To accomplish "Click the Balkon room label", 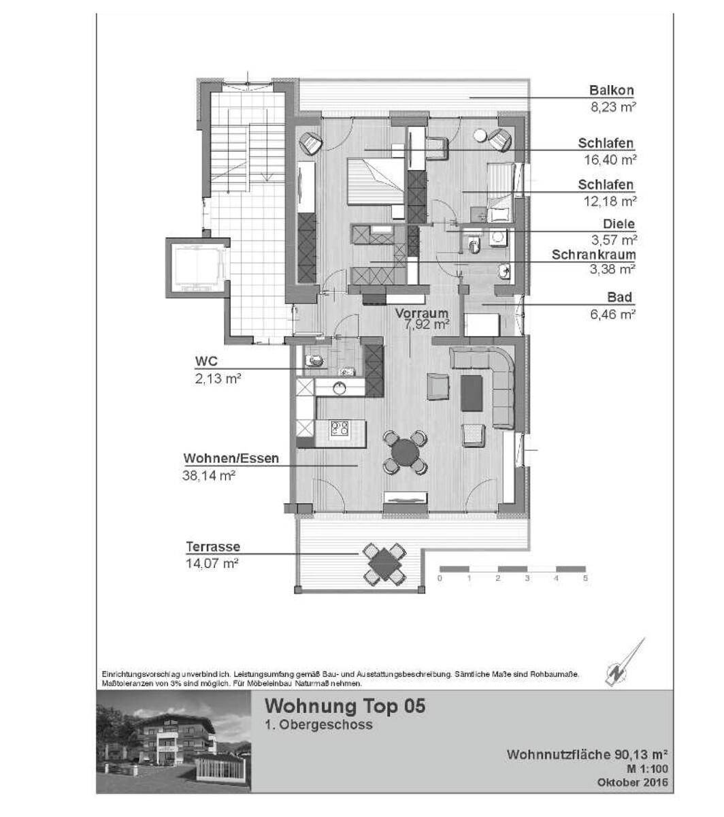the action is tap(611, 91).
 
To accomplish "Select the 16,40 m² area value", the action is tap(610, 160).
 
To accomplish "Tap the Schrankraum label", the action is tap(593, 255).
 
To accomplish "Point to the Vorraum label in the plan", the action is tap(421, 313).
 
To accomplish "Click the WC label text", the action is tap(206, 362).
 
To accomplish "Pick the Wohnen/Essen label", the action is tap(231, 458).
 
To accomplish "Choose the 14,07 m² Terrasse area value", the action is tap(212, 563).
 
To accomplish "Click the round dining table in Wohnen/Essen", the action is tap(405, 451).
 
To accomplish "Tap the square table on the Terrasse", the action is tap(384, 564).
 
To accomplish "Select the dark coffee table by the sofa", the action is tap(472, 393).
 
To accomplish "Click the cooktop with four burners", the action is tap(340, 428).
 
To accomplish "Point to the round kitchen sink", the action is tap(340, 388).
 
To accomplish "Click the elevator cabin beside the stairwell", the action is tap(198, 268).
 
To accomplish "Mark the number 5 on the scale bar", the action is tap(585, 578).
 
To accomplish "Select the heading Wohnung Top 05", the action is tap(345, 706).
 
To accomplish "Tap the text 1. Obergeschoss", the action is tap(318, 724).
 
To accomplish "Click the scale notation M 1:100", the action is tap(647, 769).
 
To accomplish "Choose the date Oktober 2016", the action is tap(633, 782).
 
